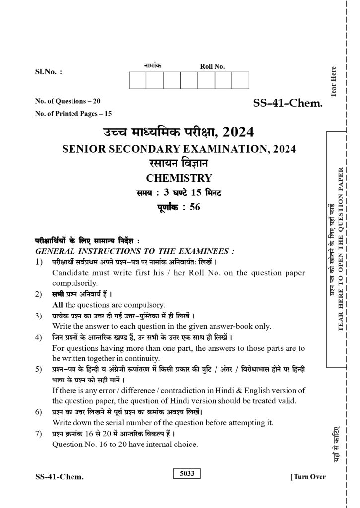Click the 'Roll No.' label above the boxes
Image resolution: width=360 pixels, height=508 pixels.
coord(212,66)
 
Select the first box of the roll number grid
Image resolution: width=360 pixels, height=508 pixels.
coord(138,80)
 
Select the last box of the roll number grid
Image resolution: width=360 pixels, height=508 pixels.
coord(240,80)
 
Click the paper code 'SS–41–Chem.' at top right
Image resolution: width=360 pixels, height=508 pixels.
coord(288,104)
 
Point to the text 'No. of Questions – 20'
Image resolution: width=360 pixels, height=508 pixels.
coord(68,101)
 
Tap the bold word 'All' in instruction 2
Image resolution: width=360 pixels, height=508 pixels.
coord(58,305)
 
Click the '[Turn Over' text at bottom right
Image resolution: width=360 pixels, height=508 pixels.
coord(308,477)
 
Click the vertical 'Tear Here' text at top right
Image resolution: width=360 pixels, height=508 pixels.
coord(333,81)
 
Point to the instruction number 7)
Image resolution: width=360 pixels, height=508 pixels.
coord(39,434)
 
